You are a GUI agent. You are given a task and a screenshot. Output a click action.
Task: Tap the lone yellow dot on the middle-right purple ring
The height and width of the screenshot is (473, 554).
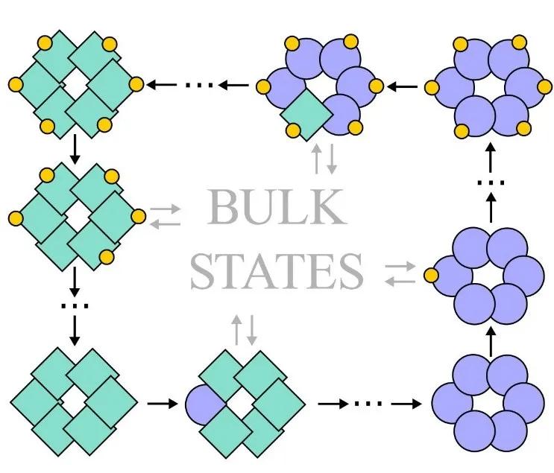(431, 276)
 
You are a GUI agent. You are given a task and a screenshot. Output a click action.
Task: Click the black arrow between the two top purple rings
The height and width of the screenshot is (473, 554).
(403, 86)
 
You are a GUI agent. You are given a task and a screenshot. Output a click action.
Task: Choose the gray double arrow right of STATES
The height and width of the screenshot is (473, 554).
(400, 273)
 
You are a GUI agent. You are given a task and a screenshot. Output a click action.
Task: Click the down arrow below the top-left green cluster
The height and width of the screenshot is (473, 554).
(74, 152)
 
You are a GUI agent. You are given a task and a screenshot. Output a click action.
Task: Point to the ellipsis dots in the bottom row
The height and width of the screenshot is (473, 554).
(367, 404)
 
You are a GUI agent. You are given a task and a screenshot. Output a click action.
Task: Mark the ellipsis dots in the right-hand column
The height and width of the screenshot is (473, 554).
(491, 183)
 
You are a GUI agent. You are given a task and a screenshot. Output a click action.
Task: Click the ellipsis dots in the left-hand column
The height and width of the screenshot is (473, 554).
(74, 305)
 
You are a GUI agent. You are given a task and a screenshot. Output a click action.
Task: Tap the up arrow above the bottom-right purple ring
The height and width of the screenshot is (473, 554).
(491, 340)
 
